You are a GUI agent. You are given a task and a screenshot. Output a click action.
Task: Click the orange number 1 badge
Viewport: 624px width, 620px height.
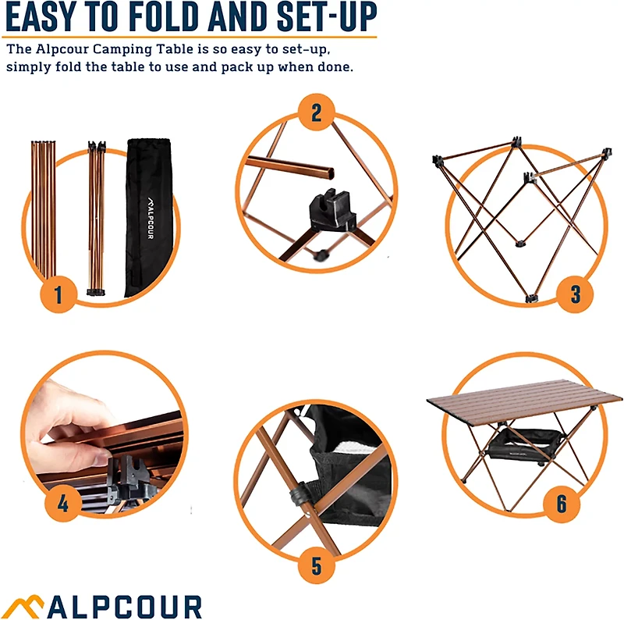click(x=58, y=295)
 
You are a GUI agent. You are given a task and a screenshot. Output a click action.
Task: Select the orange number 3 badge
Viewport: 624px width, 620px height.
click(x=576, y=294)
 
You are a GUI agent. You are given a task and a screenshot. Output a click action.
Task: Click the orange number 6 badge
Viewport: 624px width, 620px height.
click(x=561, y=504)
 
